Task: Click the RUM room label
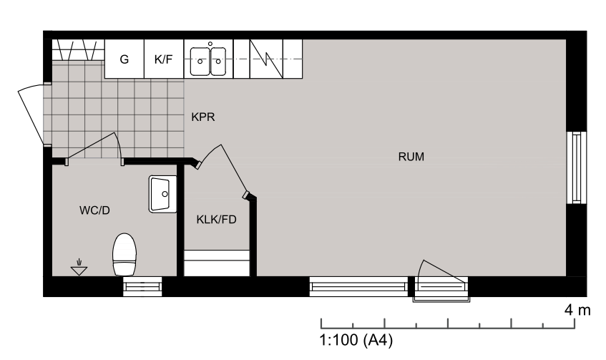click(411, 157)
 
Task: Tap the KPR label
click(203, 117)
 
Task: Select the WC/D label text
click(94, 210)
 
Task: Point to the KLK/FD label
click(216, 220)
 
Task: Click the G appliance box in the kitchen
click(124, 59)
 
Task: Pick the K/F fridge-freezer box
click(164, 59)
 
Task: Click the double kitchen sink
click(208, 61)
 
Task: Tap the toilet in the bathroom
click(124, 254)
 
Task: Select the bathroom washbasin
click(162, 194)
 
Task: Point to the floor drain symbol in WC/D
click(79, 267)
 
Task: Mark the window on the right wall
click(576, 167)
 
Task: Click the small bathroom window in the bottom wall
click(142, 286)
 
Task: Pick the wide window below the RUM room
click(358, 286)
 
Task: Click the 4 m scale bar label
click(577, 310)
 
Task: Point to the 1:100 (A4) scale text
click(356, 340)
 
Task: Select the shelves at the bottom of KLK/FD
click(216, 263)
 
